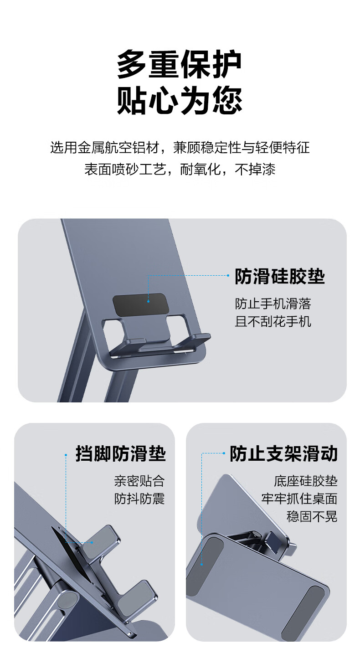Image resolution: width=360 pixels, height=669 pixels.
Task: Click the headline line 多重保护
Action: (x=179, y=64)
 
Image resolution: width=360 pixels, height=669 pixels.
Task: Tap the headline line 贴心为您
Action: (x=179, y=101)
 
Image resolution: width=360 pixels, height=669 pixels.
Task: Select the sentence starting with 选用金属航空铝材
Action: (x=180, y=148)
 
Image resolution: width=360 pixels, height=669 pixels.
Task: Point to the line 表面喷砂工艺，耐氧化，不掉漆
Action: (x=180, y=170)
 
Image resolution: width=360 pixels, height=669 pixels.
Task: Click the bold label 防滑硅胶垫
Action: (x=280, y=276)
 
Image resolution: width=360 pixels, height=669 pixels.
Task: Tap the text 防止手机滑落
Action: (x=273, y=304)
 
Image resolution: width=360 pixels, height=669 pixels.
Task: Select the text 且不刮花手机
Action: (x=273, y=322)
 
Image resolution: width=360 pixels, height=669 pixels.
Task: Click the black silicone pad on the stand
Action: (x=139, y=304)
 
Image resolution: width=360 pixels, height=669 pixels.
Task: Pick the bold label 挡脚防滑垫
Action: (x=121, y=453)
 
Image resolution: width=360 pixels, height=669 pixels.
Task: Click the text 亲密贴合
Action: (x=139, y=481)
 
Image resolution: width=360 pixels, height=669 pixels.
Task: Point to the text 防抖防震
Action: (x=139, y=499)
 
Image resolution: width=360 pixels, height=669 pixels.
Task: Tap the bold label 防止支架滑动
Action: (x=283, y=453)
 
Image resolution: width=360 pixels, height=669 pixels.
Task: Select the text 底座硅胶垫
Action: (x=306, y=481)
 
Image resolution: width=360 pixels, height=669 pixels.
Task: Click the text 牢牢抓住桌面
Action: (x=299, y=499)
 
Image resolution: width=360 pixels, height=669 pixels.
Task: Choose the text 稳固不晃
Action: (x=312, y=516)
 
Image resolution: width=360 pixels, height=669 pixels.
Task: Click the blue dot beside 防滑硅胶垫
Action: (x=228, y=276)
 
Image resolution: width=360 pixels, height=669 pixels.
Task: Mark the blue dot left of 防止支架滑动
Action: (x=224, y=453)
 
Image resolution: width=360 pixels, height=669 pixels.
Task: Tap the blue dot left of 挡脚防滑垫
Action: (x=66, y=455)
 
